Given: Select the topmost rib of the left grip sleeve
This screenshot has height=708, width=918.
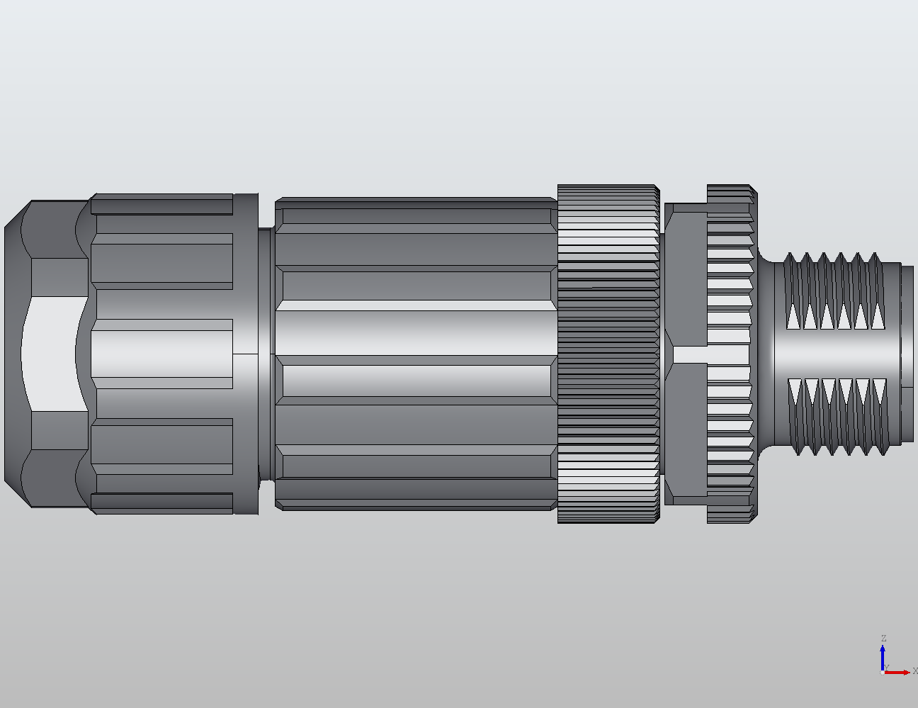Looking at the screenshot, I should (161, 206).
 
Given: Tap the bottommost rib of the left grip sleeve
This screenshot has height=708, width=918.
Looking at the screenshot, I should (161, 503).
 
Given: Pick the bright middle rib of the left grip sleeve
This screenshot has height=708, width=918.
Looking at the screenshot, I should (161, 353).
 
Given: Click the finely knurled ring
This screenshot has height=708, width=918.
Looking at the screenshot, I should (608, 354).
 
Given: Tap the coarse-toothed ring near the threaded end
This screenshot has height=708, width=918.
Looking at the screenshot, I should (730, 354).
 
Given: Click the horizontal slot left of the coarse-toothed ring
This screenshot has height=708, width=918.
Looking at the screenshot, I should (689, 354).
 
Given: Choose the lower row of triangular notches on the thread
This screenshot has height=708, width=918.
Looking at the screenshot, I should (836, 390).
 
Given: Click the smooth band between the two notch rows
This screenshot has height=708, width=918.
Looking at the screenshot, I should (836, 353).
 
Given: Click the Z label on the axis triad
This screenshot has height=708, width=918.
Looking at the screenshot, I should (883, 639).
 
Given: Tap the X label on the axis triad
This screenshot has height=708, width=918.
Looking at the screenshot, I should (914, 670).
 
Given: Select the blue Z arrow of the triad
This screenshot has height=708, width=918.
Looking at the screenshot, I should (883, 656).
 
